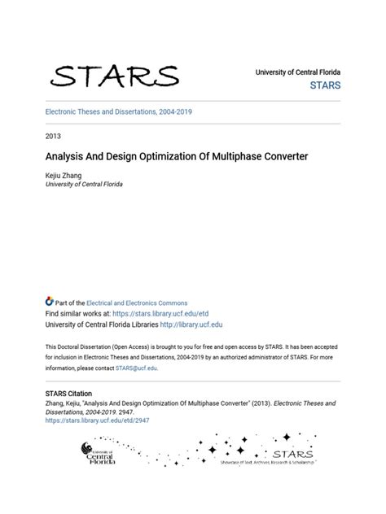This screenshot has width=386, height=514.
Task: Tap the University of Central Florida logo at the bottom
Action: click(98, 454)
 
